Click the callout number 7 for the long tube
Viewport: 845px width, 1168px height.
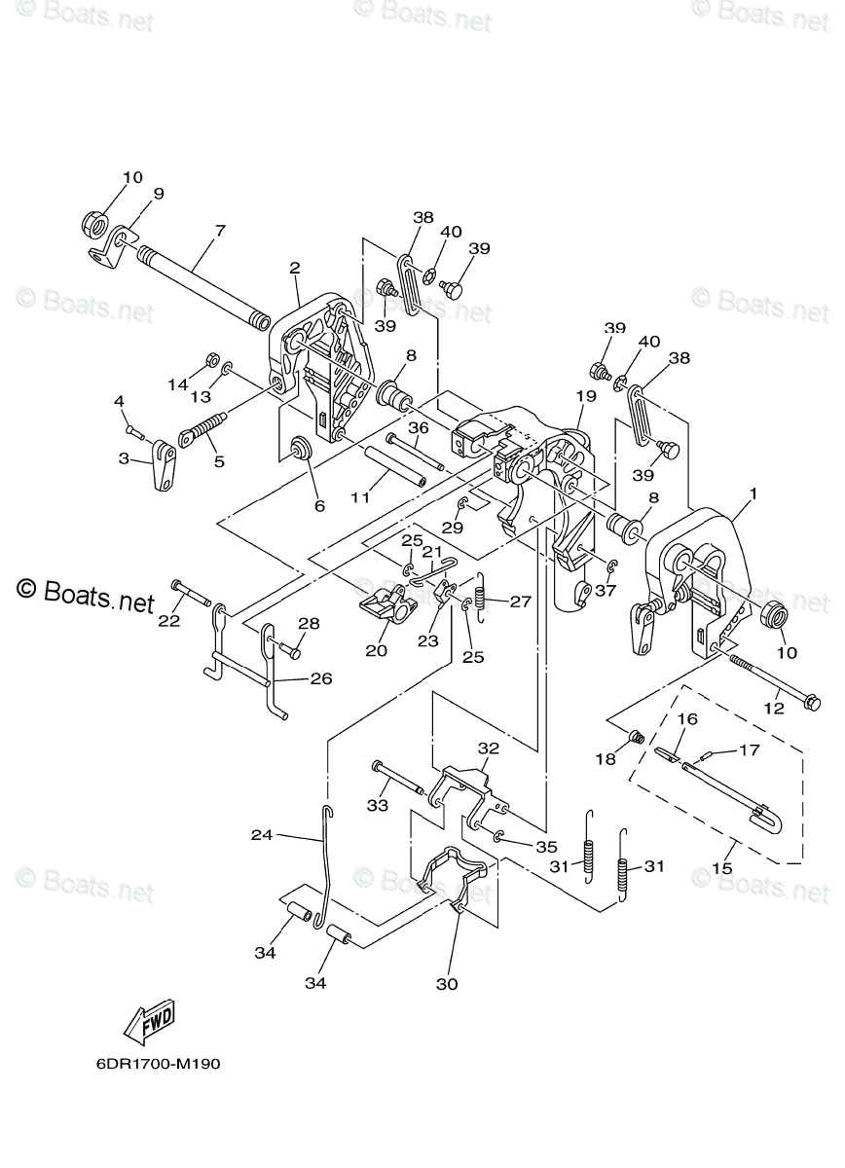click(220, 231)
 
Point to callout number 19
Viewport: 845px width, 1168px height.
click(586, 396)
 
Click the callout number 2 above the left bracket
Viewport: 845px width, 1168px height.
click(295, 269)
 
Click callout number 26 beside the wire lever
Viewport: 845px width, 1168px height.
click(321, 679)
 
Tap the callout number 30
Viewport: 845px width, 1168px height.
click(447, 984)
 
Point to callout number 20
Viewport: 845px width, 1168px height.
click(377, 650)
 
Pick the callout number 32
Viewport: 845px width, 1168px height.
click(489, 748)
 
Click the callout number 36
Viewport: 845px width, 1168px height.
click(419, 428)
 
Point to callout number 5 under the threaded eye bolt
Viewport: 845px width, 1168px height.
click(220, 461)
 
